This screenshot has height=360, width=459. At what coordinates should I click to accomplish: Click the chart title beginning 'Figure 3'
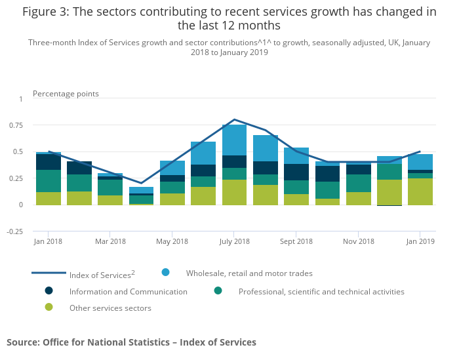(x=229, y=18)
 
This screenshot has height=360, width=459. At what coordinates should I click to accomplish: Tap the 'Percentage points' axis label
(x=66, y=94)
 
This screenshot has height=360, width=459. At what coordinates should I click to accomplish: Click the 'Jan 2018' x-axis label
(x=49, y=242)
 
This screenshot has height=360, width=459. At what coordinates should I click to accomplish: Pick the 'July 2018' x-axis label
(x=234, y=242)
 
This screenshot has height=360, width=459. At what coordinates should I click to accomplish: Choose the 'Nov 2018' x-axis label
(x=358, y=242)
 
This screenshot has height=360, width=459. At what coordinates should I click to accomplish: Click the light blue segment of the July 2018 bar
(x=234, y=140)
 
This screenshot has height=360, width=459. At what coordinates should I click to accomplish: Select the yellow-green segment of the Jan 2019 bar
(x=420, y=191)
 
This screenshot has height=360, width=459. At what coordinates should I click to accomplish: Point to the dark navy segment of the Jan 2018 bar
(x=49, y=162)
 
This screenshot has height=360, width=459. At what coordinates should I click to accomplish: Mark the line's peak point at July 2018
(x=234, y=120)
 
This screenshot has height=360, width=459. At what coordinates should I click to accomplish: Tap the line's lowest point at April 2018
(x=141, y=183)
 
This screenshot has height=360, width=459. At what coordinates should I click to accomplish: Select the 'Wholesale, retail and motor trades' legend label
(x=249, y=273)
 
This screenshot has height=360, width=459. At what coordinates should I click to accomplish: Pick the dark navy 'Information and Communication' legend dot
(x=49, y=290)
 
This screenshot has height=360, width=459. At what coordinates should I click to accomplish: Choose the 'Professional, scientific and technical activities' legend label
(x=321, y=291)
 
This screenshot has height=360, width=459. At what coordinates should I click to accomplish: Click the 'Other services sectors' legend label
(x=110, y=308)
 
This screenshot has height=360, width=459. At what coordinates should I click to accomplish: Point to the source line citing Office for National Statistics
(x=131, y=342)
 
